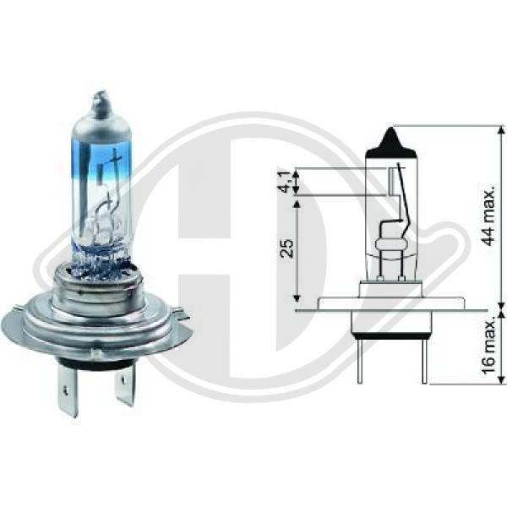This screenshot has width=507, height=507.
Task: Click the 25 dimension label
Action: pos(287,248)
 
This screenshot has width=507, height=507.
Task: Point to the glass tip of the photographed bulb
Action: pos(101,103)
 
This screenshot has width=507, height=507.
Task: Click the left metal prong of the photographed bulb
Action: pos(68,390)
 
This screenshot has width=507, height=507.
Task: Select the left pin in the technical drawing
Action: pos(360,362)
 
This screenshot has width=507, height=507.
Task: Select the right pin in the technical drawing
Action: pos(424,362)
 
